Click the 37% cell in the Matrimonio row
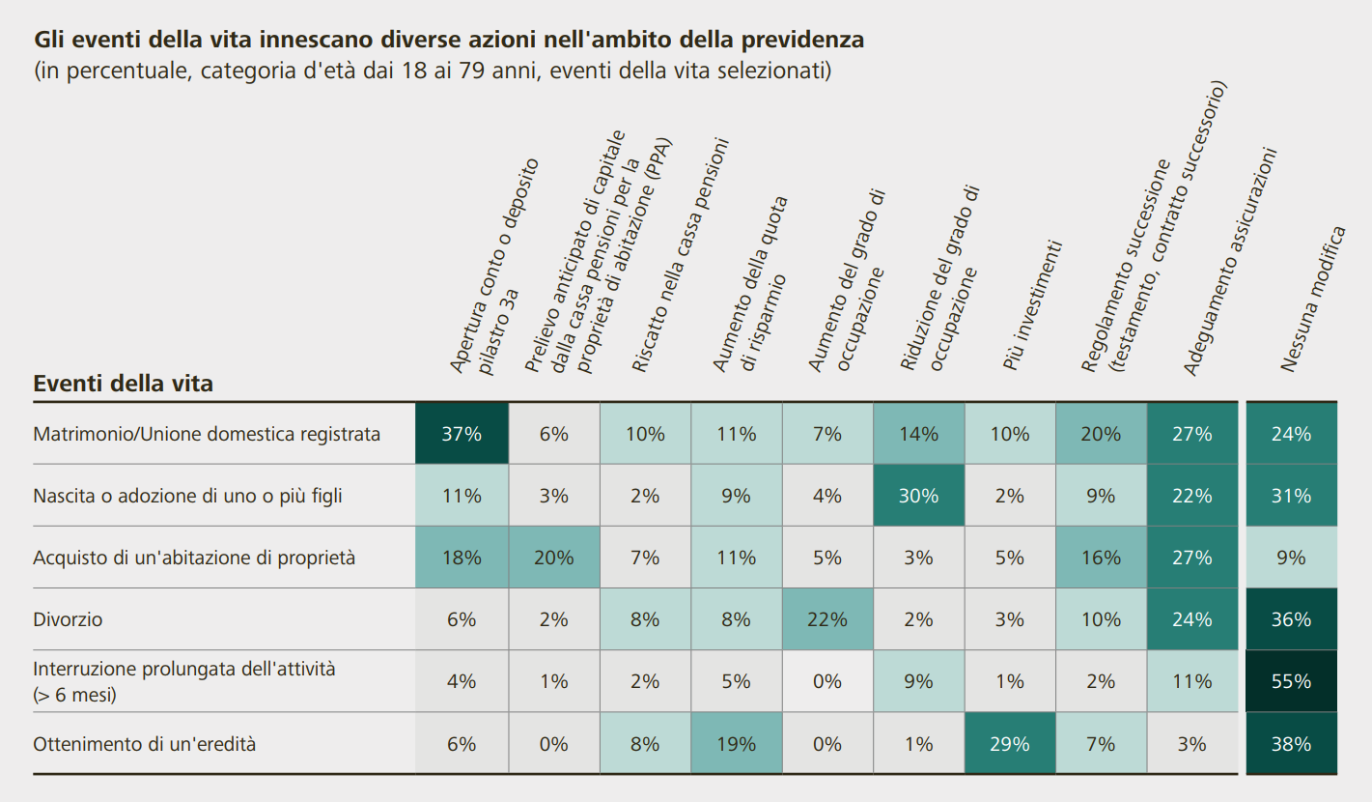coord(462,434)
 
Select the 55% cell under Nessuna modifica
coord(1291,681)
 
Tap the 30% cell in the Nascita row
coord(918,496)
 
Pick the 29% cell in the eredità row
coord(1009,744)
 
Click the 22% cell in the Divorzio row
coord(826,619)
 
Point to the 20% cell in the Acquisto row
coord(553,558)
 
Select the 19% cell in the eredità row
coord(736,744)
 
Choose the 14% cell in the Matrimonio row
coord(918,434)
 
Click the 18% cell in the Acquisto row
coord(462,558)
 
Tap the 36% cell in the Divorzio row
coord(1291,619)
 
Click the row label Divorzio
coord(68,619)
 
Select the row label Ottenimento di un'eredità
coord(145,744)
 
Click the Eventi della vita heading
coord(124,384)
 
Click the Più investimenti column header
coord(1032,305)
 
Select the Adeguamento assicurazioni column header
coord(1229,262)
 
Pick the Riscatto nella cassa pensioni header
coord(680,255)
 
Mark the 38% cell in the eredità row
coord(1291,744)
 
